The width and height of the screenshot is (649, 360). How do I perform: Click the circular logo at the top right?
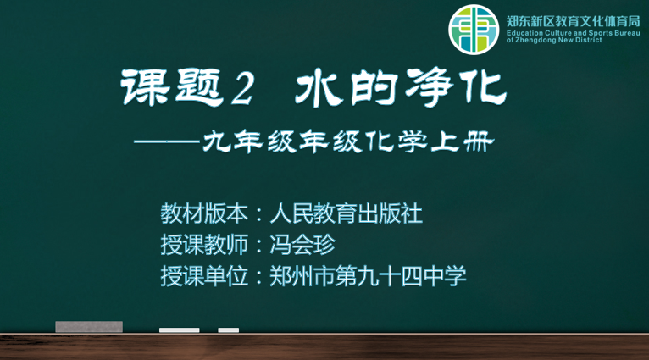pyautogui.click(x=474, y=30)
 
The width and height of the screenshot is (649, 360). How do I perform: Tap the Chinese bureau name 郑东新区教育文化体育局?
pyautogui.click(x=574, y=21)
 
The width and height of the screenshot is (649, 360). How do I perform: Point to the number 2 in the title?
pyautogui.click(x=241, y=88)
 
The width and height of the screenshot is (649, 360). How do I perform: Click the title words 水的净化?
pyautogui.click(x=401, y=88)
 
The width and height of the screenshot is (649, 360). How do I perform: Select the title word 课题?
pyautogui.click(x=172, y=88)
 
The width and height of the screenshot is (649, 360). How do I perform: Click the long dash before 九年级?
pyautogui.click(x=168, y=141)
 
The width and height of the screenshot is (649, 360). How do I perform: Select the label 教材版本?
pyautogui.click(x=204, y=214)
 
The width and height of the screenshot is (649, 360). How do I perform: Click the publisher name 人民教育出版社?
pyautogui.click(x=346, y=214)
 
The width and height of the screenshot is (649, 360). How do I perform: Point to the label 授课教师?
pyautogui.click(x=204, y=245)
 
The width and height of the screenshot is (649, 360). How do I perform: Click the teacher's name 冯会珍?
pyautogui.click(x=302, y=245)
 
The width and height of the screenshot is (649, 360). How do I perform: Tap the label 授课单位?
pyautogui.click(x=204, y=275)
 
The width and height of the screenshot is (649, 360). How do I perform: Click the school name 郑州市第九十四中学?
pyautogui.click(x=368, y=275)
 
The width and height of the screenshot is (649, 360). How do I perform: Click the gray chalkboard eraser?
pyautogui.click(x=89, y=327)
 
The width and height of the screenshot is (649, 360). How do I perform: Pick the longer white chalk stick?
pyautogui.click(x=180, y=330)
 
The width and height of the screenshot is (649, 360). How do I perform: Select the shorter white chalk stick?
pyautogui.click(x=229, y=330)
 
